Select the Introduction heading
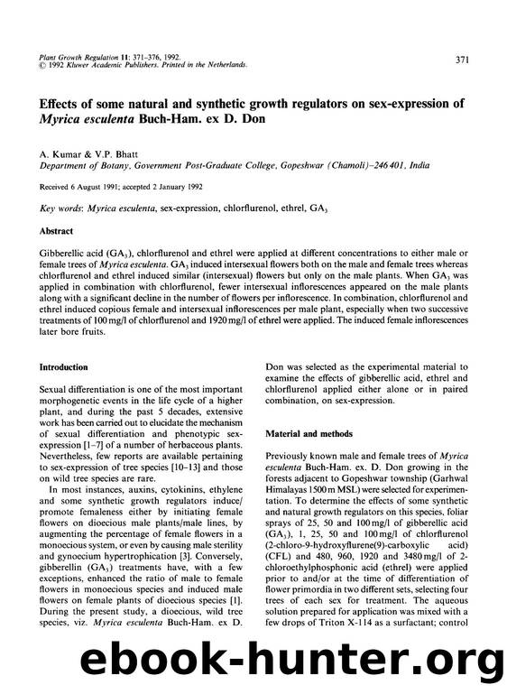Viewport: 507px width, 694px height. (x=63, y=367)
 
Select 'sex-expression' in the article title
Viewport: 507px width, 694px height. (x=378, y=102)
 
